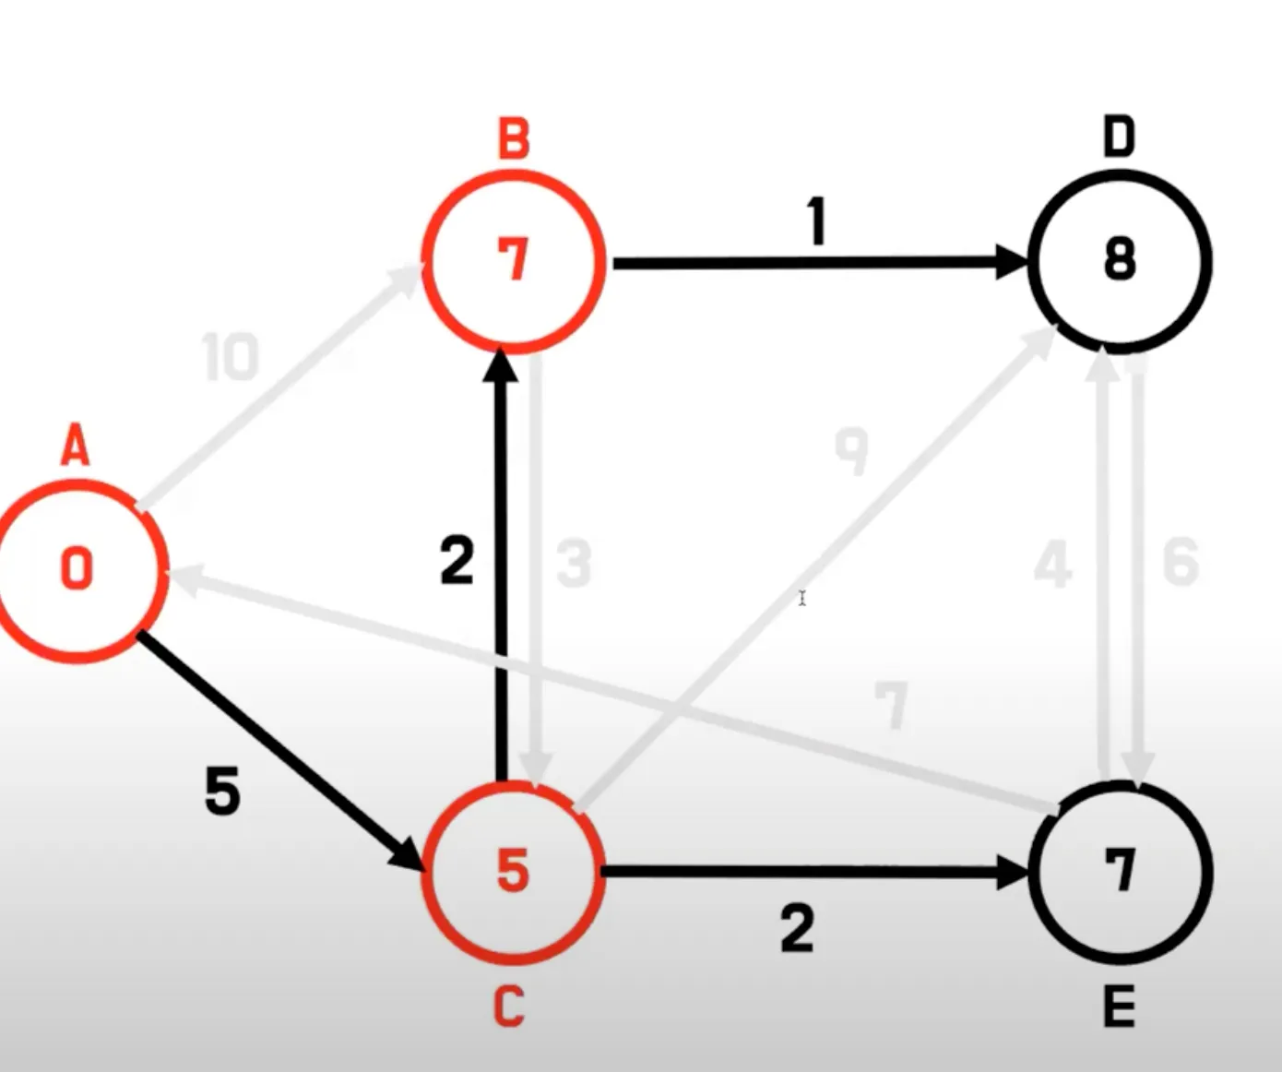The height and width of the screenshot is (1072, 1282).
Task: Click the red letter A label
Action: pyautogui.click(x=76, y=448)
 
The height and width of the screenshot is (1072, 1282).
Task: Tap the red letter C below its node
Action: pyautogui.click(x=509, y=1006)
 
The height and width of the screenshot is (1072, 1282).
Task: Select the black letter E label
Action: pyautogui.click(x=1119, y=1007)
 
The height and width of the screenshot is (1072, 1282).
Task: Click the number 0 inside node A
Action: pyautogui.click(x=77, y=568)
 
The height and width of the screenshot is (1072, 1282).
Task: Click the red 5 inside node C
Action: pyautogui.click(x=513, y=871)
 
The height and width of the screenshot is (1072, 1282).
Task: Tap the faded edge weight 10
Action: pyautogui.click(x=231, y=358)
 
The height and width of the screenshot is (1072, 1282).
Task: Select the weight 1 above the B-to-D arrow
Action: pyautogui.click(x=815, y=222)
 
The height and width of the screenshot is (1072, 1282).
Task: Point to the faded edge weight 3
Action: pyautogui.click(x=574, y=564)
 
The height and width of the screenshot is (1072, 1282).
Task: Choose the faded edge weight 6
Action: pyautogui.click(x=1181, y=562)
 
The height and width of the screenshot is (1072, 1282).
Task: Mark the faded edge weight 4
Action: pyautogui.click(x=1053, y=564)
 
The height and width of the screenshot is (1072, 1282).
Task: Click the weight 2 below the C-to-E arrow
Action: pyautogui.click(x=797, y=929)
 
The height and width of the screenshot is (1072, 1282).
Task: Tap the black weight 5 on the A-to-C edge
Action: pyautogui.click(x=222, y=791)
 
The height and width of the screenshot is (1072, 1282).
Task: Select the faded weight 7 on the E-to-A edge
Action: pyautogui.click(x=891, y=706)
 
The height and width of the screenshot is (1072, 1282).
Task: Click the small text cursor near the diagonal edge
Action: pyautogui.click(x=802, y=599)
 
